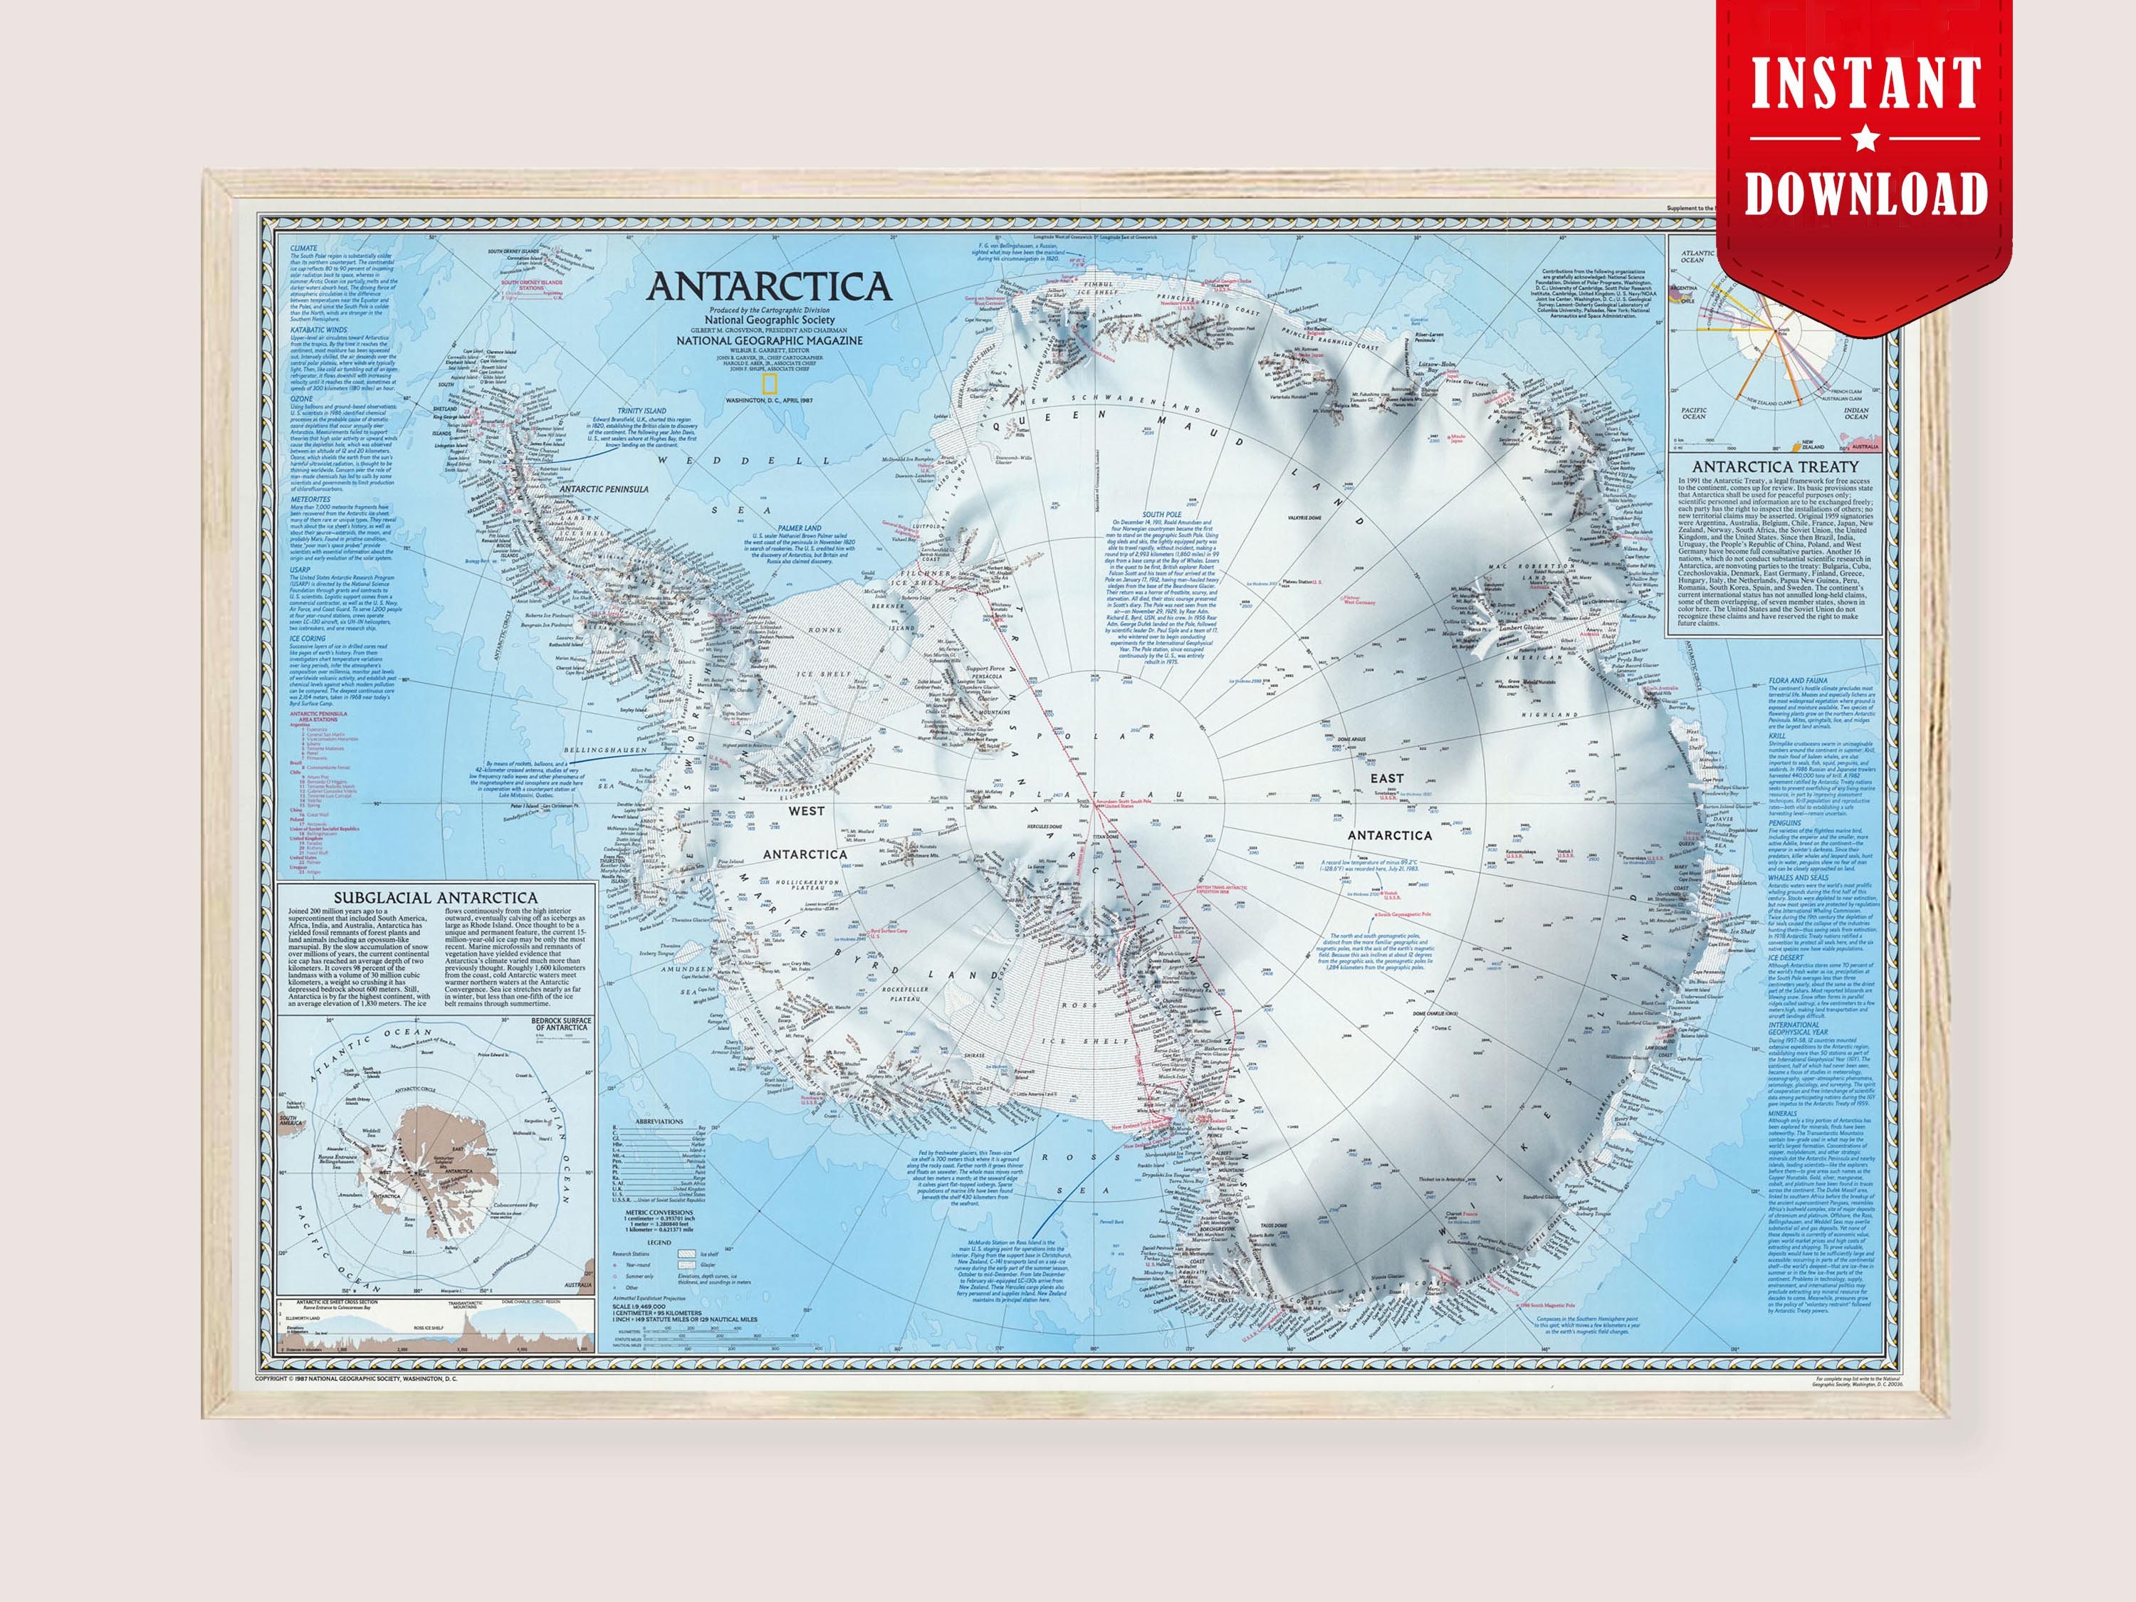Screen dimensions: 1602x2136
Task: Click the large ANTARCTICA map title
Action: tap(769, 287)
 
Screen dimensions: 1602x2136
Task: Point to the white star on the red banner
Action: tap(1865, 141)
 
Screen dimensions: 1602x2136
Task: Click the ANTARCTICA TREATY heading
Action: tap(1775, 466)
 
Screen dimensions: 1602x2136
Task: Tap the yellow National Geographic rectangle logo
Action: tap(770, 382)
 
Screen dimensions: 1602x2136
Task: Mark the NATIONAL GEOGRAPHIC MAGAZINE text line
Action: tap(769, 340)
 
